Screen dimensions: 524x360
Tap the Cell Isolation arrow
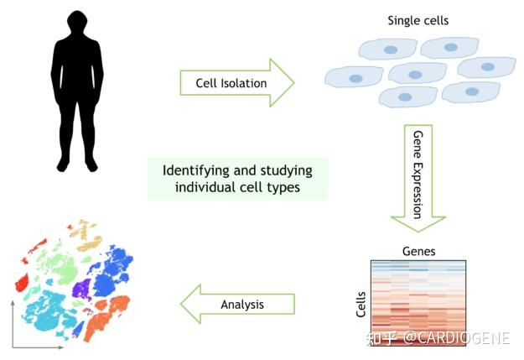coord(237,82)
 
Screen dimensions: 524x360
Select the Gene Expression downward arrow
coord(418,178)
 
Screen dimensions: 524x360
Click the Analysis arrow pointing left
coord(237,304)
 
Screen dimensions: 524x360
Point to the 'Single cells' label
coord(418,21)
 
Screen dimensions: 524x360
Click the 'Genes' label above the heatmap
coord(418,251)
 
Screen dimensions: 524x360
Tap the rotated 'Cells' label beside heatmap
coord(361,304)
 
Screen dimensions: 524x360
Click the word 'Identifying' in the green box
coord(196,171)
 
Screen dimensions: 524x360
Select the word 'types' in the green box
coord(283,187)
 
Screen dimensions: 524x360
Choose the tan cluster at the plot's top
coord(86,236)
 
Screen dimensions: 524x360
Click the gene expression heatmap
coord(418,303)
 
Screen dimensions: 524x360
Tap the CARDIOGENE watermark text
coord(456,338)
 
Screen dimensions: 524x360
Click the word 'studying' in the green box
coord(287,171)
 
